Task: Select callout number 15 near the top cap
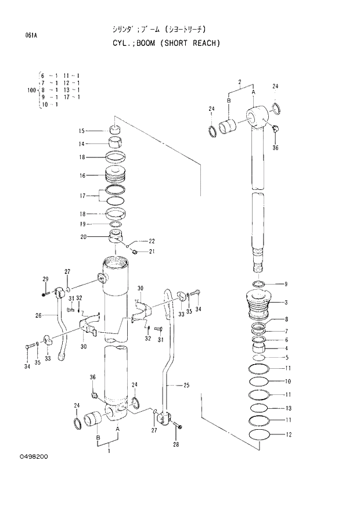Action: coord(82,131)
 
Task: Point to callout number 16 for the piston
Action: coord(82,175)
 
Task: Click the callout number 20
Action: coord(83,236)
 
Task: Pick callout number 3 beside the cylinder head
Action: coord(285,303)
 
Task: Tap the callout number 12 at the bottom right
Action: coord(288,434)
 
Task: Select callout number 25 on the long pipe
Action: coord(186,385)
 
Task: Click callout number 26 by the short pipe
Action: coord(38,316)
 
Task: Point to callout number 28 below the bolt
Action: coord(176,445)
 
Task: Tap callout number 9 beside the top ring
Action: coord(285,284)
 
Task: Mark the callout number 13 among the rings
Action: coord(288,408)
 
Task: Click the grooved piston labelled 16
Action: coord(121,175)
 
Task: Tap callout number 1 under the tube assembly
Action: coord(109,451)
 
